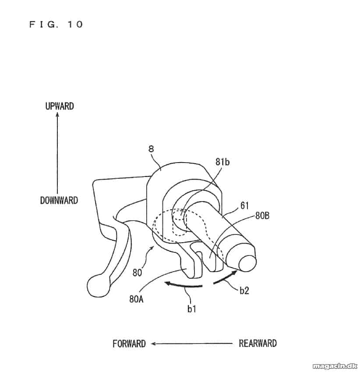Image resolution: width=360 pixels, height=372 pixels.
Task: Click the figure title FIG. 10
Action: coord(56,24)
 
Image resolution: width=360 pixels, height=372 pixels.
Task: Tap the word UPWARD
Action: coord(60,106)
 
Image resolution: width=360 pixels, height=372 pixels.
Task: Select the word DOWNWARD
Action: coord(59,201)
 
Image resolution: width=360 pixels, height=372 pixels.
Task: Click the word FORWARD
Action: coord(129,344)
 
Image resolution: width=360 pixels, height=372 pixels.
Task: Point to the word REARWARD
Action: coord(258,343)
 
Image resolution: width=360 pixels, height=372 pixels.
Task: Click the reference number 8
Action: coord(151,149)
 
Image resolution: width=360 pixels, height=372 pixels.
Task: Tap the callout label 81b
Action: coord(222,162)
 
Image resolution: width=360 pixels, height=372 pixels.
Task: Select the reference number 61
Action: coord(245,205)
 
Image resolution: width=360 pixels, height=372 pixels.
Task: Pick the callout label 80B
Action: coord(262,216)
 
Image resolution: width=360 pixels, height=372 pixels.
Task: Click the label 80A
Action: coord(136,299)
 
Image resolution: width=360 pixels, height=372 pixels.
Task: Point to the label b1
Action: coord(192,308)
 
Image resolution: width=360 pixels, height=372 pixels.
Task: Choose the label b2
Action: coord(244,291)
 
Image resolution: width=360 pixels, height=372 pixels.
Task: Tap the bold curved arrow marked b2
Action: coord(225,277)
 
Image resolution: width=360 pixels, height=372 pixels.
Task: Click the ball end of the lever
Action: coord(99,285)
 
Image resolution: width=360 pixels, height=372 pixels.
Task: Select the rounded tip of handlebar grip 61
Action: coord(247,263)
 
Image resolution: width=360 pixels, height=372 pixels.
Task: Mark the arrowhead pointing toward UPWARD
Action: coord(57,115)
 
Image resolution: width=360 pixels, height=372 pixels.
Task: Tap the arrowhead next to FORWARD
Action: coord(153,344)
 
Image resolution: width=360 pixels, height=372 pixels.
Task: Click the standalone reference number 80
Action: coord(138,273)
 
